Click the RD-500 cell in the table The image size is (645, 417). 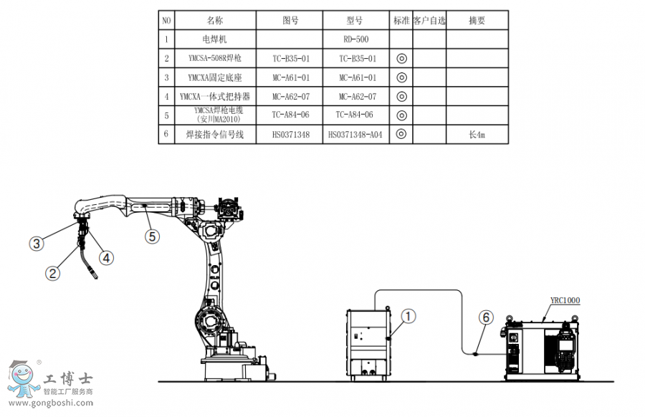point(355,39)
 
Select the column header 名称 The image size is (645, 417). point(215,21)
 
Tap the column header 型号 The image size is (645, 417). point(355,21)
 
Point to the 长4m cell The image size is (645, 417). point(477,134)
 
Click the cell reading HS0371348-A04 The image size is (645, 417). point(355,134)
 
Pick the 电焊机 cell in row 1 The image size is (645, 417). point(215,39)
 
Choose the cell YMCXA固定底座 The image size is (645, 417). point(215,77)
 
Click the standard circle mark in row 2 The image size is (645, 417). point(401,58)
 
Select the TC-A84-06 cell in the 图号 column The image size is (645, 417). point(291,115)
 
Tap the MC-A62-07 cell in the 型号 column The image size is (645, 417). point(355,96)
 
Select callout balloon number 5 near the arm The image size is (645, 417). point(153,235)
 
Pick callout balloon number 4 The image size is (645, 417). point(105,256)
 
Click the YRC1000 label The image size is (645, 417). point(565,301)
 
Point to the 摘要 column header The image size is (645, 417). point(477,21)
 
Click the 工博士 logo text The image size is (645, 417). point(68,378)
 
